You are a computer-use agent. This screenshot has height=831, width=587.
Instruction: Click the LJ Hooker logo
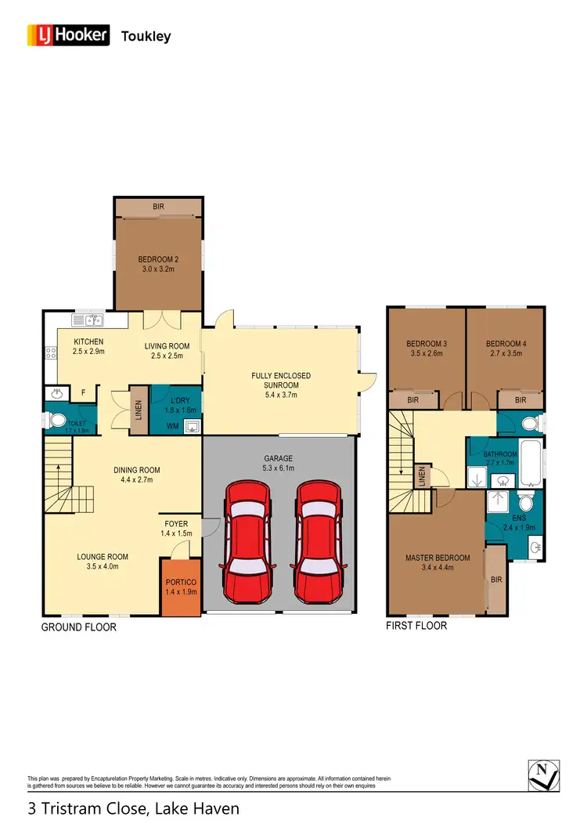70,35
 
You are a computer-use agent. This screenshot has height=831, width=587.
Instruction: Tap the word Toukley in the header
146,36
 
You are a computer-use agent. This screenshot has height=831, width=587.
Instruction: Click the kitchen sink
88,320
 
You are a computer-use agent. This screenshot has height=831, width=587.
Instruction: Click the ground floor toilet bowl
58,421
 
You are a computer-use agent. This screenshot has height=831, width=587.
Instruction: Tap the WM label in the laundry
171,426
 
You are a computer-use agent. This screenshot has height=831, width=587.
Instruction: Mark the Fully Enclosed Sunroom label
281,381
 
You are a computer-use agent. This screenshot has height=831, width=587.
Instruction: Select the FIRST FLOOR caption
417,626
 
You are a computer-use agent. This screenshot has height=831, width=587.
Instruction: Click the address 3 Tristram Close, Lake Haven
133,808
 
